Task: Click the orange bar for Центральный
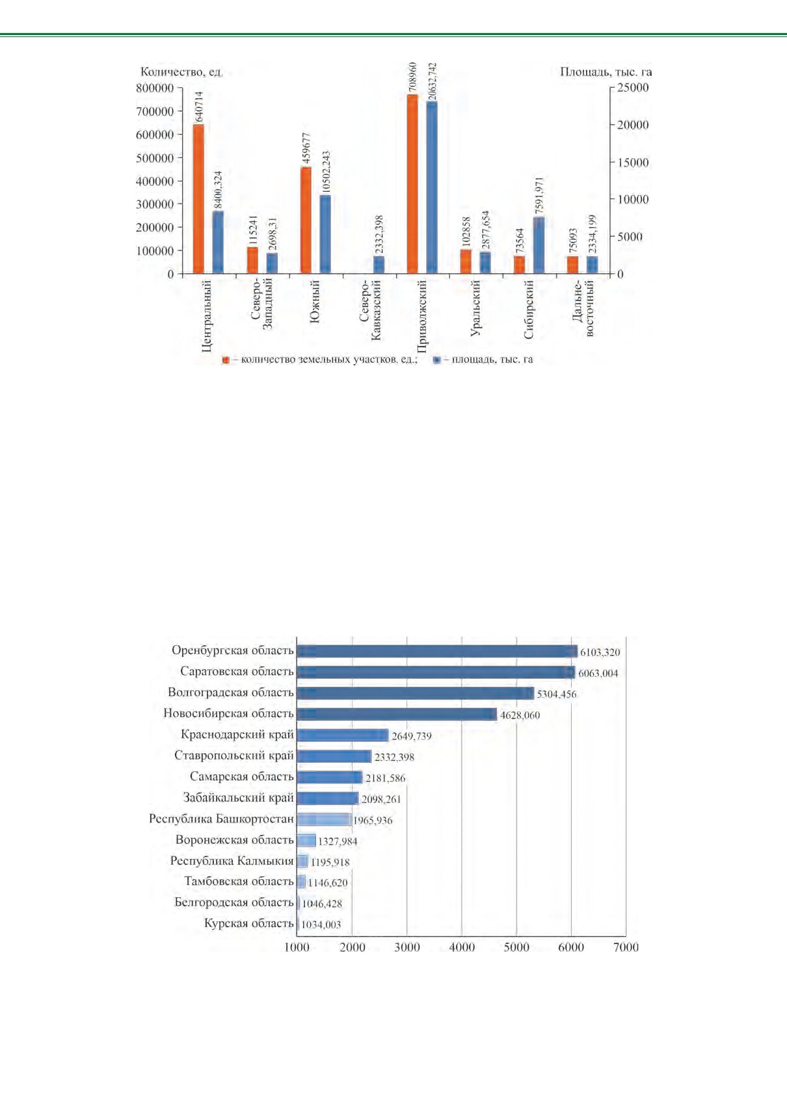[x=198, y=199]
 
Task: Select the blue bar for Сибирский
[x=539, y=245]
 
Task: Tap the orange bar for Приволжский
[x=412, y=184]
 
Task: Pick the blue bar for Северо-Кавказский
[x=379, y=265]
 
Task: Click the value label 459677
[x=306, y=148]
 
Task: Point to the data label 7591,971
[x=539, y=195]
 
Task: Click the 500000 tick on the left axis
[x=155, y=158]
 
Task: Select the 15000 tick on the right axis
[x=633, y=163]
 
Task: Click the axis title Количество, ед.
[x=181, y=72]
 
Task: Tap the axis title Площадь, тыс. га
[x=606, y=72]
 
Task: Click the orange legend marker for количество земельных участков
[x=226, y=360]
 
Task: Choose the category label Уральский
[x=475, y=308]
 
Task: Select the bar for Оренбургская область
[x=437, y=652]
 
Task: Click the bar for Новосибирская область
[x=397, y=715]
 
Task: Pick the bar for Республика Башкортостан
[x=324, y=819]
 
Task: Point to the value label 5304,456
[x=557, y=694]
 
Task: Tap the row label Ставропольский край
[x=234, y=756]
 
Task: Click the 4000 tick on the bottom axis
[x=462, y=947]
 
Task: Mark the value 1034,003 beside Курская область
[x=321, y=925]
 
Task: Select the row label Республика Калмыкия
[x=232, y=861]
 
